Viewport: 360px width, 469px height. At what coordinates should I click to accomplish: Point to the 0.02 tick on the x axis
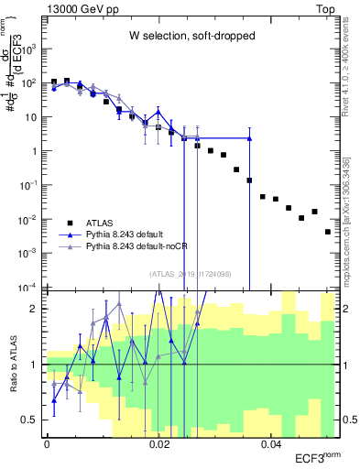[x=159, y=443]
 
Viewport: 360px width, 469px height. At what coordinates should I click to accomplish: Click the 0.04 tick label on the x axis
[x=271, y=443]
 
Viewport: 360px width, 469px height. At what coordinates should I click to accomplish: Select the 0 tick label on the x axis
[x=47, y=443]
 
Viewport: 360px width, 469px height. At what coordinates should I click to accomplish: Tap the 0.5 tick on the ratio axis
[x=31, y=420]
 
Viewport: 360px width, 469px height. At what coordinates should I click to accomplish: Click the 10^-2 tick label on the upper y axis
[x=29, y=218]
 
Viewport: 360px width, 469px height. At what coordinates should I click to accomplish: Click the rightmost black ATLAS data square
[x=327, y=232]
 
